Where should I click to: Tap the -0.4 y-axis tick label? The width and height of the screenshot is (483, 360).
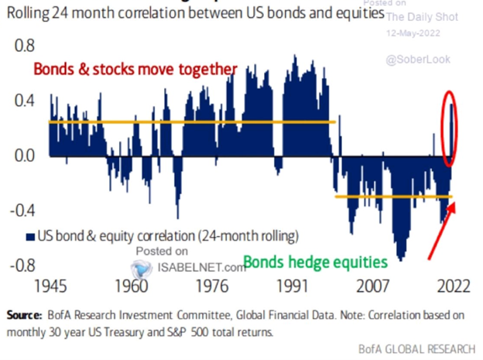(20, 210)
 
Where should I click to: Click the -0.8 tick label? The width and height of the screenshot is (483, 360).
(20, 265)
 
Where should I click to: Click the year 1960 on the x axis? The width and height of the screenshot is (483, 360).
(136, 284)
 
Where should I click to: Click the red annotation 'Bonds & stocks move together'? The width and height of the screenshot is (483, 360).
(134, 70)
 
